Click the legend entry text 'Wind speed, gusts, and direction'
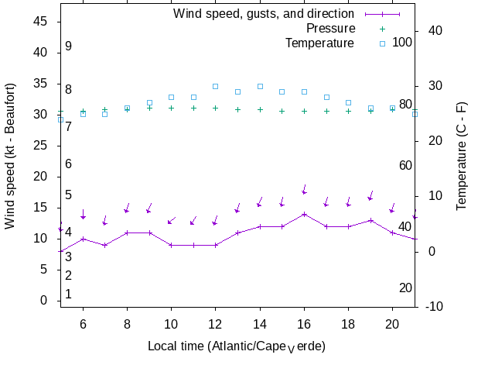263,14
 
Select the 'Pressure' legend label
330,29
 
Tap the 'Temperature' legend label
319,43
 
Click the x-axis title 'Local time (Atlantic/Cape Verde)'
237,346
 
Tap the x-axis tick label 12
216,325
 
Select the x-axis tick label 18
348,325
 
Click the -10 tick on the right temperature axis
434,307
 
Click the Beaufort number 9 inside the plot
68,46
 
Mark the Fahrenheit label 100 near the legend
402,42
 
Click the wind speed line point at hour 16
305,214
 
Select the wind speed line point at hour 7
105,245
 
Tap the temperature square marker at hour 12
216,86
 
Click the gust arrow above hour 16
305,191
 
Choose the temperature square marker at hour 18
348,102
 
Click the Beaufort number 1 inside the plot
68,294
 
